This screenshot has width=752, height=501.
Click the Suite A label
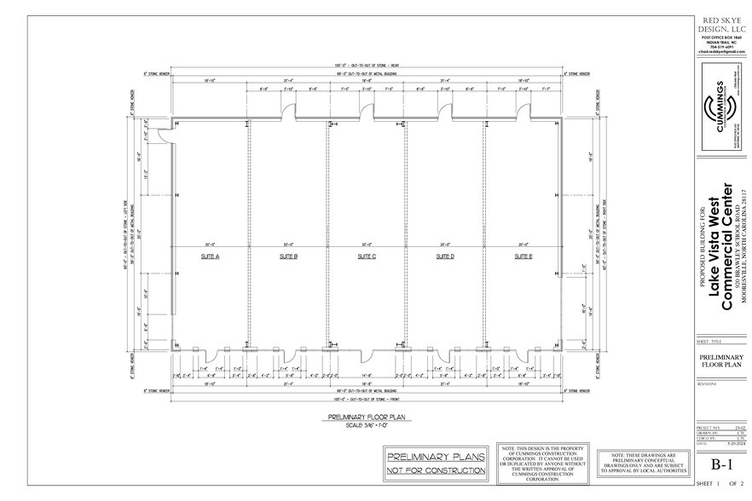click(x=209, y=256)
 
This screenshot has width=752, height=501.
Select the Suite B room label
click(x=287, y=256)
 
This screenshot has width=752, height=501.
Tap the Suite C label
click(x=367, y=256)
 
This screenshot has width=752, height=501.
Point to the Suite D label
click(x=445, y=256)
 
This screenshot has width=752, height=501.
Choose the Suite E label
click(x=524, y=256)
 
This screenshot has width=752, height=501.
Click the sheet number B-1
click(x=722, y=464)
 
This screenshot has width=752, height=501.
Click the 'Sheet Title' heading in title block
click(x=709, y=339)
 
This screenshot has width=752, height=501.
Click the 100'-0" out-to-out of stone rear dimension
click(x=367, y=66)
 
